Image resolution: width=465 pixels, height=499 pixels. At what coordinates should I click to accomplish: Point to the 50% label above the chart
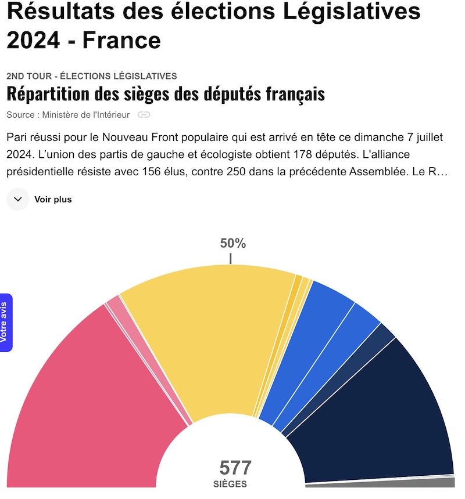click(233, 244)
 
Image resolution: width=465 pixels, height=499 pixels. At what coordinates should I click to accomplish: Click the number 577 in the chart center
click(235, 468)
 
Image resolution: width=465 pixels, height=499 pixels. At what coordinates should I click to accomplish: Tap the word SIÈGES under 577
click(230, 484)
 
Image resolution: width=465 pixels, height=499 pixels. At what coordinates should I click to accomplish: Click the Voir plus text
click(53, 200)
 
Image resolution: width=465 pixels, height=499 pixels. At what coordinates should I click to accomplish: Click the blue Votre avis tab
click(6, 322)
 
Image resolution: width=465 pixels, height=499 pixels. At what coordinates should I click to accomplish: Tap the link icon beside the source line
click(144, 115)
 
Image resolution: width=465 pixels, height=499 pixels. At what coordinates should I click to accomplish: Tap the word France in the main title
click(121, 40)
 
